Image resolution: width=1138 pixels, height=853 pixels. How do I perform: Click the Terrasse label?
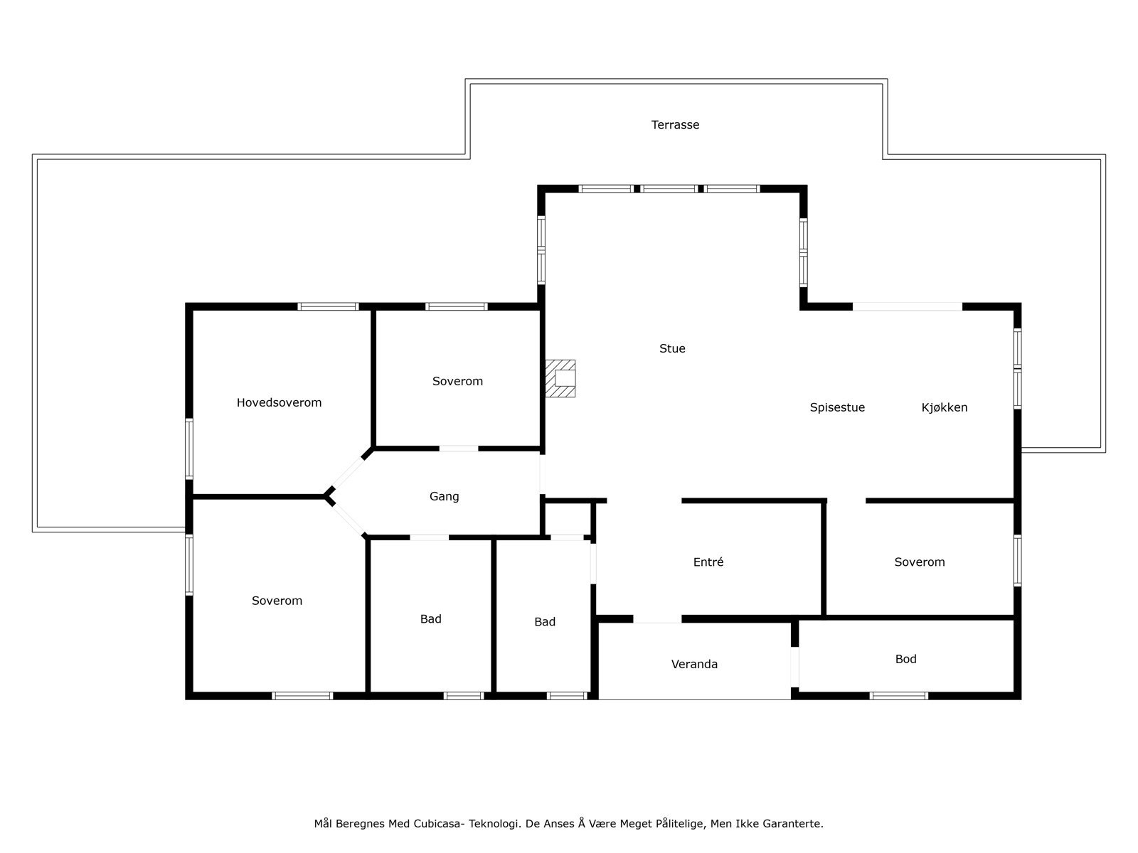(675, 125)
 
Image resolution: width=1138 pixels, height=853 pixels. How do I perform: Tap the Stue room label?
(672, 348)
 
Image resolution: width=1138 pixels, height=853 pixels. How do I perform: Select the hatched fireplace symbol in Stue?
(560, 378)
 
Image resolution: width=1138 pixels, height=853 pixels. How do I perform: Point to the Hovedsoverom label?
(279, 402)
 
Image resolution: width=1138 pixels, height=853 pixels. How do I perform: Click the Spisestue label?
(837, 407)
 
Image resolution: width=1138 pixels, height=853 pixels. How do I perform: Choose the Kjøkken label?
(944, 407)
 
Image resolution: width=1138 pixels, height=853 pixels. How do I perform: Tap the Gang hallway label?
(444, 496)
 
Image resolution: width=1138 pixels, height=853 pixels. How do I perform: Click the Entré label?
(708, 562)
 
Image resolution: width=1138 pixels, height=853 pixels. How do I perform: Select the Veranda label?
(694, 664)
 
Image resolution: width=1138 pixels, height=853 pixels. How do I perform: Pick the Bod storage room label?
(905, 659)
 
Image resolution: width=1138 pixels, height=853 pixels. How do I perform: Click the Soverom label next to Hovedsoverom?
(457, 381)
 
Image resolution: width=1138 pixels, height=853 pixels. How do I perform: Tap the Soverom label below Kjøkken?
(919, 562)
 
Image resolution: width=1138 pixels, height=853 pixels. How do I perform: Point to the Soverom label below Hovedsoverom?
(277, 601)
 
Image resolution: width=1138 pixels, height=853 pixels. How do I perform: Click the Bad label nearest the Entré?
(545, 622)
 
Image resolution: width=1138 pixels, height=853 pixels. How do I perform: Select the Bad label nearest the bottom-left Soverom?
(430, 619)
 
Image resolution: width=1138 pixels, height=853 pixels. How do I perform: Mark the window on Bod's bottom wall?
(898, 696)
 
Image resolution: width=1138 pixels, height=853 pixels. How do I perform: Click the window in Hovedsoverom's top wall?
(327, 306)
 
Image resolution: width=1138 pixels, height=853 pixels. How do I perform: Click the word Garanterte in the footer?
(792, 824)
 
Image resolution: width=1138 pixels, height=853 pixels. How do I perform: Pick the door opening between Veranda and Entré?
(657, 619)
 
